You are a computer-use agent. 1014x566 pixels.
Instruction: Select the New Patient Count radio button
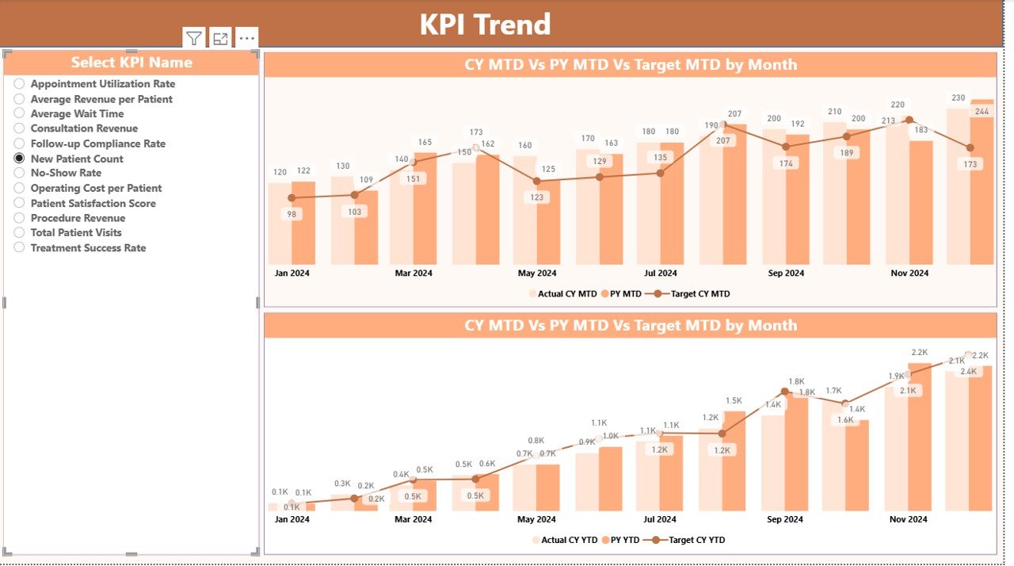click(19, 159)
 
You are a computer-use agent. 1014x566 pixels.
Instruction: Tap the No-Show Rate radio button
click(19, 173)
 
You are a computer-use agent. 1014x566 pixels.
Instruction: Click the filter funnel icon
click(194, 38)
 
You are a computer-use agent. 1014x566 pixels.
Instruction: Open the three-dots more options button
click(246, 38)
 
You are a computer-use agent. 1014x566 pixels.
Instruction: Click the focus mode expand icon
click(220, 38)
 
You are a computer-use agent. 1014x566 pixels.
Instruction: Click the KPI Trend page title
click(485, 25)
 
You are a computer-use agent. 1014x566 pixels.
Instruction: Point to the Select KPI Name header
click(132, 63)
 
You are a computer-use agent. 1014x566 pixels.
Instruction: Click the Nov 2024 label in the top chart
click(909, 273)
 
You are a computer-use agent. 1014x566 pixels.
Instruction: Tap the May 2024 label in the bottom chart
click(536, 520)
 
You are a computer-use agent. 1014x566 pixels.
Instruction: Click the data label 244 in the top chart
click(982, 112)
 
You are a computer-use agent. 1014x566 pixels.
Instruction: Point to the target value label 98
click(291, 214)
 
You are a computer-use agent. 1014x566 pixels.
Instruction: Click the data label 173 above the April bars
click(476, 132)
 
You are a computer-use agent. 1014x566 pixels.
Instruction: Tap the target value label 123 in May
click(537, 197)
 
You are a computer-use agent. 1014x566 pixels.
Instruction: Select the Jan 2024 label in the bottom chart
click(292, 520)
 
